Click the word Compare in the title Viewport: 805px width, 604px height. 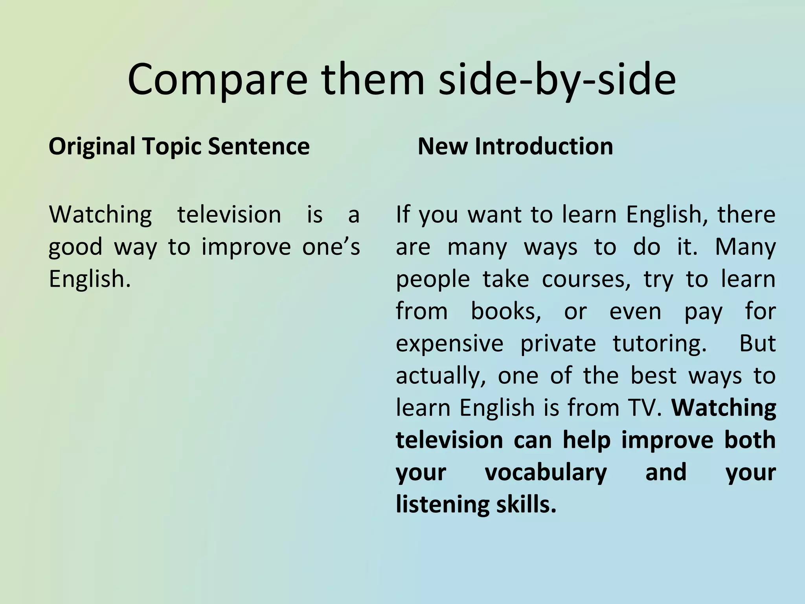217,80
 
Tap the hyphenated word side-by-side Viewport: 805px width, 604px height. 557,80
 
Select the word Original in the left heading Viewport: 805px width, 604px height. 92,147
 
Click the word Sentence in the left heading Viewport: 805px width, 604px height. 259,147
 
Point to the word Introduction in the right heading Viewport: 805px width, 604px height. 544,147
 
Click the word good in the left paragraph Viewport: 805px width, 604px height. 75,247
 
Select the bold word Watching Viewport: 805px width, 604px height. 724,408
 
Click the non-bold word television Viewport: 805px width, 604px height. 229,215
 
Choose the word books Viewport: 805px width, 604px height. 506,312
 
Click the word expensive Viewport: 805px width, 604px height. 449,344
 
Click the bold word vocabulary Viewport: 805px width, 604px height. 546,473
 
